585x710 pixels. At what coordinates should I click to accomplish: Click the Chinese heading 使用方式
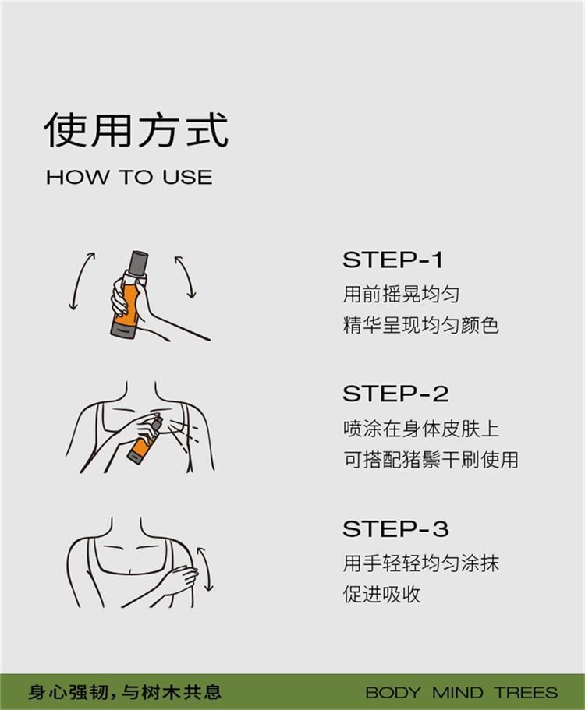click(x=136, y=130)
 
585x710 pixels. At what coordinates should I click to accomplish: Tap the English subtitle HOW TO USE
click(x=129, y=177)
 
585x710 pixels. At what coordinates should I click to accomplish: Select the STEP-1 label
click(x=392, y=260)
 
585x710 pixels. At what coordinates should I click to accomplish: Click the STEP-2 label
click(x=395, y=394)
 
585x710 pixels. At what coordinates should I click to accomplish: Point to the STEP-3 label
click(x=395, y=528)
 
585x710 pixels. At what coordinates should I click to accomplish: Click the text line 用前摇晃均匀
click(x=401, y=295)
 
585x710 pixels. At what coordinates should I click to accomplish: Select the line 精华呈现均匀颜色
click(x=421, y=325)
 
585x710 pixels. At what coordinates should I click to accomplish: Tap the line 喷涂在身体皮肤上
click(x=421, y=429)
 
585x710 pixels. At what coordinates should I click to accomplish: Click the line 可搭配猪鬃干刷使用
click(x=431, y=460)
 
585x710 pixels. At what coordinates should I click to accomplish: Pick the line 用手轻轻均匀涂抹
click(x=421, y=563)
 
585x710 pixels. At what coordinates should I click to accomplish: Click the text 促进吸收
click(x=381, y=594)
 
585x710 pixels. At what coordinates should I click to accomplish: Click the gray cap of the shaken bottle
click(x=139, y=262)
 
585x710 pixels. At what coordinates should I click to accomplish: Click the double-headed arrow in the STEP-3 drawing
click(x=205, y=568)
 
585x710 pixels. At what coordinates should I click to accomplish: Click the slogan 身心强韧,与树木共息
click(x=125, y=691)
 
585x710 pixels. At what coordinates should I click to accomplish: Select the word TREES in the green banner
click(x=526, y=692)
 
